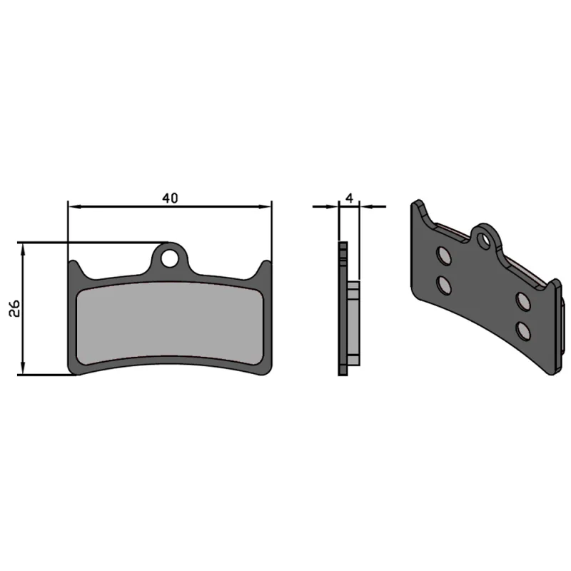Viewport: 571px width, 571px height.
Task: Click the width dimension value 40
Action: click(x=169, y=198)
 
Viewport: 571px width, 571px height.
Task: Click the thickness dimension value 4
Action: click(x=349, y=197)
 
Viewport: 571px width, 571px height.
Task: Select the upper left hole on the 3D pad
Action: click(x=443, y=256)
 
